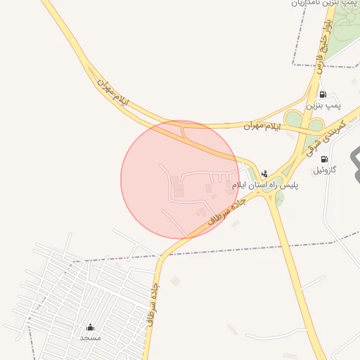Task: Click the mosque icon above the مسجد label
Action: point(90,328)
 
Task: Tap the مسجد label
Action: point(90,337)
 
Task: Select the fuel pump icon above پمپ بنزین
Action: point(323,94)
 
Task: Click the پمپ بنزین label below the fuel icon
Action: point(323,105)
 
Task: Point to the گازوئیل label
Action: point(324,170)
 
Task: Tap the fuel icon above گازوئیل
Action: point(324,160)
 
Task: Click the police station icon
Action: point(264,173)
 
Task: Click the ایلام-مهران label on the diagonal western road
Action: point(114,93)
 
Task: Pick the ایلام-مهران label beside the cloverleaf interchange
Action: point(262,126)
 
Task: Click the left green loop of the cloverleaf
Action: point(293,119)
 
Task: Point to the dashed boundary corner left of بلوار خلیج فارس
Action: point(294,65)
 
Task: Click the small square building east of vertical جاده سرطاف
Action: point(175,281)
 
